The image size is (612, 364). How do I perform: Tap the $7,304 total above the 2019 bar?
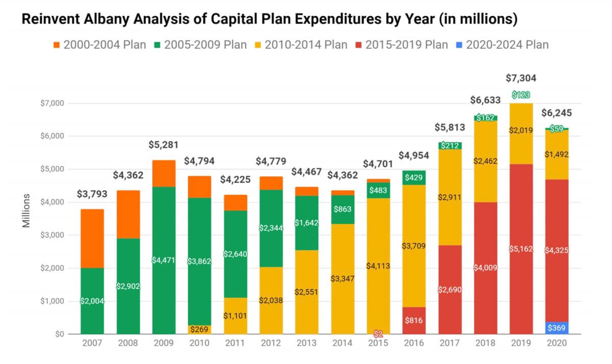521,78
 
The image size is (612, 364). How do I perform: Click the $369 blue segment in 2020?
557,328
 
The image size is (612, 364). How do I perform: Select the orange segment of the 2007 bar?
92,239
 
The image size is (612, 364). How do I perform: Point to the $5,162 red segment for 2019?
521,249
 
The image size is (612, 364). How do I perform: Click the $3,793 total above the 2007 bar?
92,194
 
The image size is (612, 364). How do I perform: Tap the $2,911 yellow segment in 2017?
449,197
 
